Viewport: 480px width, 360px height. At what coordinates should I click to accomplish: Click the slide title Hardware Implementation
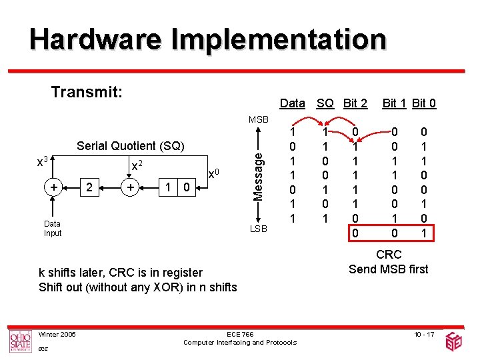click(x=207, y=39)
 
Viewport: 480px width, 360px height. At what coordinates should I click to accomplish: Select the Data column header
click(x=292, y=103)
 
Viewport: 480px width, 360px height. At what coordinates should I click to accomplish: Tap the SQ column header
click(x=325, y=103)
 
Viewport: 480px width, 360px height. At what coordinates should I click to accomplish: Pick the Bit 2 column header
click(x=355, y=103)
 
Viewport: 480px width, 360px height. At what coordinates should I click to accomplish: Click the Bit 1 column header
click(x=395, y=103)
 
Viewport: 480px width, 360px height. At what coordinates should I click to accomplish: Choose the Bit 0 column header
click(x=424, y=103)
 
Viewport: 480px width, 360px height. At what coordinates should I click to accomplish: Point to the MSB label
click(x=258, y=119)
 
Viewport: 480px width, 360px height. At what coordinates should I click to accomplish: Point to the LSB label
click(x=258, y=229)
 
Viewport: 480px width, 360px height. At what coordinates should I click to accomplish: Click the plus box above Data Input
click(x=53, y=189)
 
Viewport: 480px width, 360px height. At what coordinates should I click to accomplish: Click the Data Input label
click(x=52, y=229)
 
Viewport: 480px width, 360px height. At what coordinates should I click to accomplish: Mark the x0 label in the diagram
click(x=213, y=173)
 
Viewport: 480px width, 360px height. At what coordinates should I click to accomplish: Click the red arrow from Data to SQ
click(x=308, y=119)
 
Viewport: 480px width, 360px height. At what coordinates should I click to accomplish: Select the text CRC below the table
click(x=389, y=254)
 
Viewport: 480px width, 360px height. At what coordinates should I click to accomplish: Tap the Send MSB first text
click(x=389, y=269)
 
